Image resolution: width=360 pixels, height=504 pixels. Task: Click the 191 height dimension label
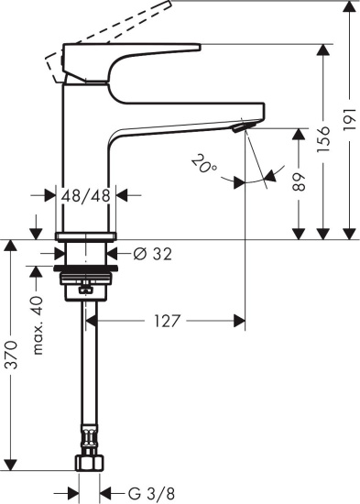tap(349, 126)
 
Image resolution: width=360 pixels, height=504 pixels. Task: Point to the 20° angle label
tap(204, 166)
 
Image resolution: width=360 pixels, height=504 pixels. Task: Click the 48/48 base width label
tap(86, 195)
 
